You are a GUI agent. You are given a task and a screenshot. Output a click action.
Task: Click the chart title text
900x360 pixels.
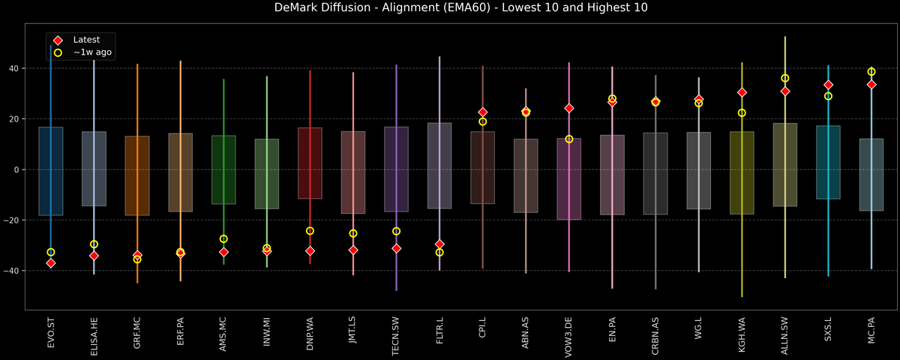(450, 8)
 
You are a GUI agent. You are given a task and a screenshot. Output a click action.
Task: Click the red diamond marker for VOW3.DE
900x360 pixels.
(569, 108)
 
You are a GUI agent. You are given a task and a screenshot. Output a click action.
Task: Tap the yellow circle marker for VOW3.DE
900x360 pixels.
(569, 139)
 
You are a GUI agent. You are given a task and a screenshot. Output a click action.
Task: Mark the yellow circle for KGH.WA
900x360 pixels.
(742, 112)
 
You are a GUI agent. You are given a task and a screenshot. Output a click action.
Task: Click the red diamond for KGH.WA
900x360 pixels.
(742, 92)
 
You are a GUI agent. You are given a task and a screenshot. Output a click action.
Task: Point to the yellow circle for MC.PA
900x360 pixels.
(871, 72)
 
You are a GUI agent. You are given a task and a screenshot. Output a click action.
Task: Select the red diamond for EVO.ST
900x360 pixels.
(51, 263)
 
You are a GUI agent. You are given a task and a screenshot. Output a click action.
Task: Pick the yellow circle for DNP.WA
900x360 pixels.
(310, 231)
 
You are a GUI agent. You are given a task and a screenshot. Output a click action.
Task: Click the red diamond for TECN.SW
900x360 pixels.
(396, 248)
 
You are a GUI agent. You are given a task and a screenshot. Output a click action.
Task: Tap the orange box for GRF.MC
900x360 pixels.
(137, 175)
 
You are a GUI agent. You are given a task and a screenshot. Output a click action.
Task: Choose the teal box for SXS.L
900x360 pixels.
(828, 162)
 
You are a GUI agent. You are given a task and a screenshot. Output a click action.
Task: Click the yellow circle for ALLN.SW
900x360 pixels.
(785, 78)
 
